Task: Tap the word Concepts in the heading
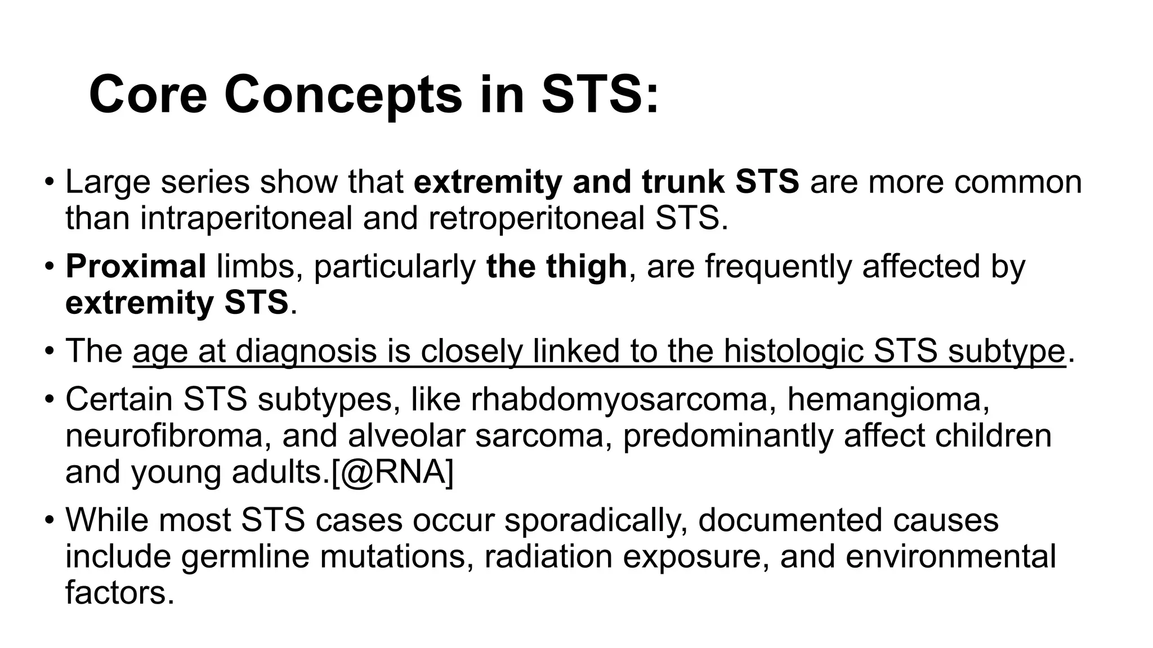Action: [343, 94]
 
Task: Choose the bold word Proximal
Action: [136, 266]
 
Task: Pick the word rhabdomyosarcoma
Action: [619, 399]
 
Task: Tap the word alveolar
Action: [406, 435]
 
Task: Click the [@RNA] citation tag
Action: [392, 472]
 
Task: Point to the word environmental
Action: [950, 556]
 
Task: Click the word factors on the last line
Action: [119, 592]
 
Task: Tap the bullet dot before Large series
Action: [50, 182]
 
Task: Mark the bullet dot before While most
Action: [50, 520]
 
